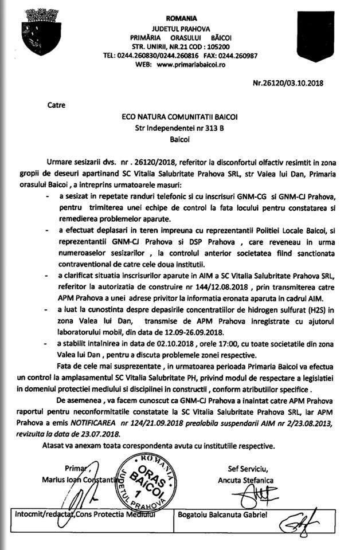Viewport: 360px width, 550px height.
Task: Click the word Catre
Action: click(x=57, y=105)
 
